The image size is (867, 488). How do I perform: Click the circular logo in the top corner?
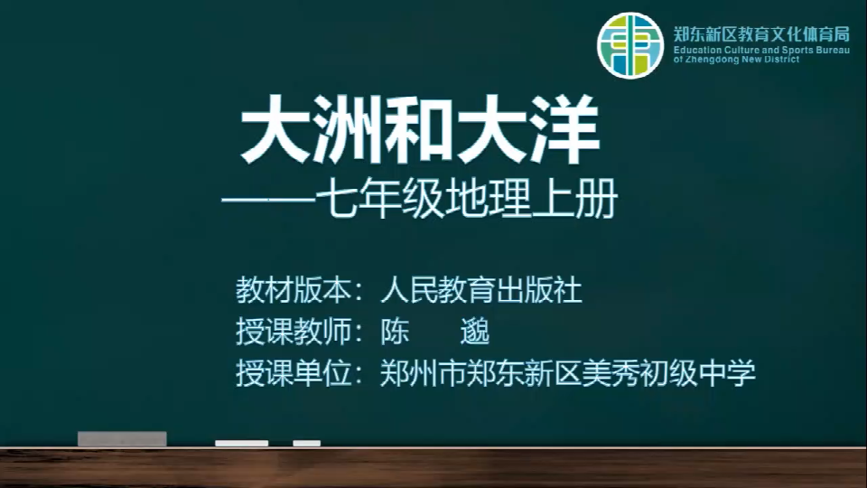pyautogui.click(x=629, y=45)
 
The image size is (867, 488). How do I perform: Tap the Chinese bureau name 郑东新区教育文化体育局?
pyautogui.click(x=761, y=33)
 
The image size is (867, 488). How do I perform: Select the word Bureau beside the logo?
pyautogui.click(x=833, y=51)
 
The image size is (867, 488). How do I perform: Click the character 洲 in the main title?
pyautogui.click(x=349, y=130)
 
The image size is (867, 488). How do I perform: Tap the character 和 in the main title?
pyautogui.click(x=420, y=130)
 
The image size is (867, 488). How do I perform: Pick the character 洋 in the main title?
pyautogui.click(x=564, y=130)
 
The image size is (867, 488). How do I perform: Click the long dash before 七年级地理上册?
pyautogui.click(x=267, y=201)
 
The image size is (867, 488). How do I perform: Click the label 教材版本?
pyautogui.click(x=294, y=290)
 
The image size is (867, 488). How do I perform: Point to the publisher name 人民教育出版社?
pyautogui.click(x=481, y=290)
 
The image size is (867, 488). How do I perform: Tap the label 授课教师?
pyautogui.click(x=294, y=332)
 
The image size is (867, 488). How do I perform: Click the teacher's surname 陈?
pyautogui.click(x=395, y=332)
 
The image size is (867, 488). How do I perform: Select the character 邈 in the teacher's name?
pyautogui.click(x=475, y=332)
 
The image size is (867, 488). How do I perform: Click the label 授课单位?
pyautogui.click(x=294, y=373)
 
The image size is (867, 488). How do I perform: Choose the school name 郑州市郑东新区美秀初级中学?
pyautogui.click(x=568, y=373)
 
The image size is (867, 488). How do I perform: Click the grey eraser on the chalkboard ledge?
pyautogui.click(x=122, y=439)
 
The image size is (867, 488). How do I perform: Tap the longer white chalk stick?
pyautogui.click(x=242, y=443)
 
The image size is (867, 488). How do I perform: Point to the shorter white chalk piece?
pyautogui.click(x=307, y=443)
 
